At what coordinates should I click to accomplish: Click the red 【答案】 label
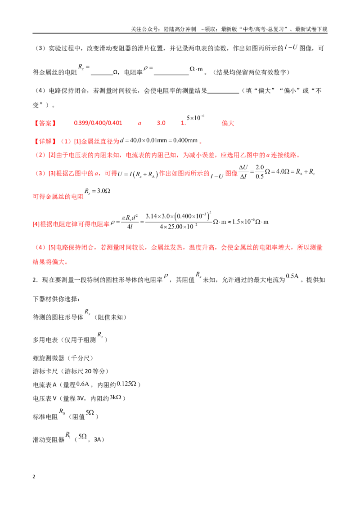pos(45,123)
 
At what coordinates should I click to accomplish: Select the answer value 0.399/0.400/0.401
pos(98,123)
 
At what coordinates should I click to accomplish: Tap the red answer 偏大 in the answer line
pos(228,123)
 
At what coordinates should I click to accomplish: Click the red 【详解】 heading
pos(45,141)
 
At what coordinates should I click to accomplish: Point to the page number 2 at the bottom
pos(34,477)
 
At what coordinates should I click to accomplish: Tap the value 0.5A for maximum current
pos(292,276)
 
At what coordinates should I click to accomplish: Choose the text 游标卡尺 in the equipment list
pos(45,371)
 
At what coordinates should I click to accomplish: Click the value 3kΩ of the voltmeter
pos(115,397)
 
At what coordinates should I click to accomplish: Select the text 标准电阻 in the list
pos(45,417)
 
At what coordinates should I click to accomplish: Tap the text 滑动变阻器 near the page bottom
pos(49,440)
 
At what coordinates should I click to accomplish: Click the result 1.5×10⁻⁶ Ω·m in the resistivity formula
pos(250,222)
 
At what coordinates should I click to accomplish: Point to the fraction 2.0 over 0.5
pos(260,172)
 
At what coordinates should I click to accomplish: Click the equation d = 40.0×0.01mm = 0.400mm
pos(159,141)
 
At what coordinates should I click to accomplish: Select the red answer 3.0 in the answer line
pos(161,123)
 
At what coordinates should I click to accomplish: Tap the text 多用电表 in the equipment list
pos(45,340)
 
